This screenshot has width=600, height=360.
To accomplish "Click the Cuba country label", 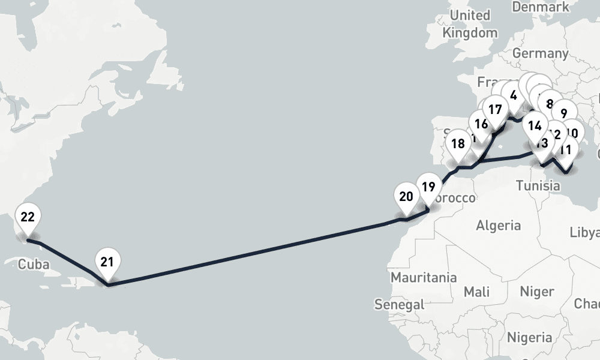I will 33,265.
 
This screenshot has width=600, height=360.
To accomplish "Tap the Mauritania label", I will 424,278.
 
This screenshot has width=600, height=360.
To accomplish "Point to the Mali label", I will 476,292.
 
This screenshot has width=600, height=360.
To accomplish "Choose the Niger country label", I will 536,292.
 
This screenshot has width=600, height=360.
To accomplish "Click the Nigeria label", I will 529,336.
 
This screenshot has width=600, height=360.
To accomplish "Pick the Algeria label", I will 498,226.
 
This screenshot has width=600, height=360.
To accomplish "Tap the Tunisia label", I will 538,185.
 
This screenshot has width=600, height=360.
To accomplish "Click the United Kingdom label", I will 470,24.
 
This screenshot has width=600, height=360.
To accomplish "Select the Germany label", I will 540,53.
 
